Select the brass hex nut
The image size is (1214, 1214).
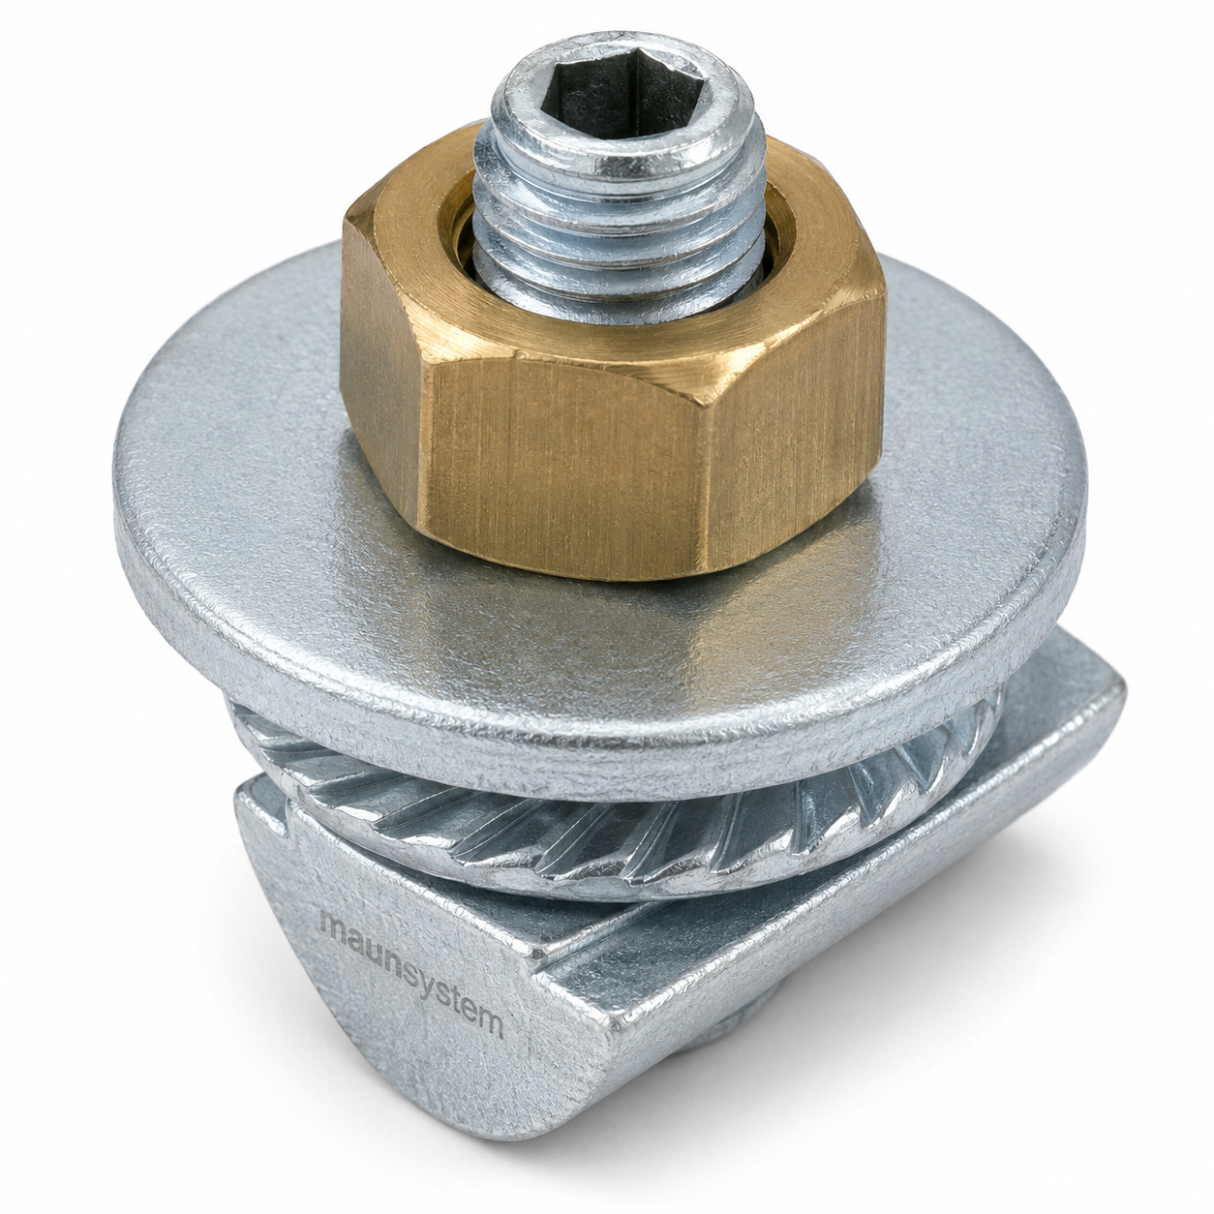(605, 365)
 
